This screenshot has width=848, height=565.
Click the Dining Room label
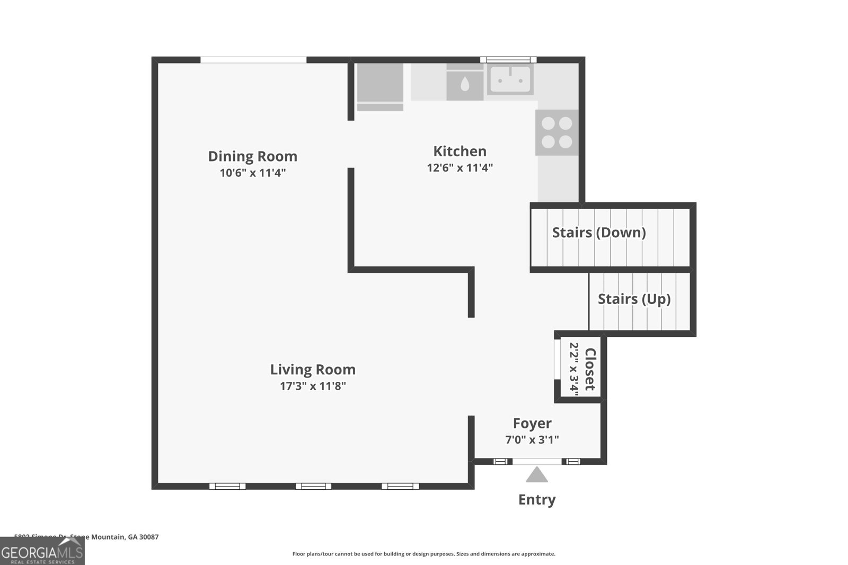point(252,156)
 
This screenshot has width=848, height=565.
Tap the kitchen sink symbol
point(510,80)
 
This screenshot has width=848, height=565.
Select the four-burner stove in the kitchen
point(556,132)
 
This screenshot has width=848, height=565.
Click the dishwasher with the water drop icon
point(465,83)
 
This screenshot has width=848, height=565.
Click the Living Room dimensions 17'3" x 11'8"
point(313,386)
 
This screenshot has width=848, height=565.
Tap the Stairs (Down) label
point(599,232)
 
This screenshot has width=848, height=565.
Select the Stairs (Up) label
point(634,299)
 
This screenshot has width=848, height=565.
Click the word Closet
point(590,369)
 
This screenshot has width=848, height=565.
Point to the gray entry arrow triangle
point(536,475)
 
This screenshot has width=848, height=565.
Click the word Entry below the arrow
point(536,500)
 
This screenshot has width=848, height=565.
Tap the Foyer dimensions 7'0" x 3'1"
point(532,440)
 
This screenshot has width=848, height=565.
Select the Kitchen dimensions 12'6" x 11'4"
point(460,168)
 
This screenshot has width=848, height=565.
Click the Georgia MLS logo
point(42,551)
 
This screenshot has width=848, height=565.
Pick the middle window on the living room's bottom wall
point(313,486)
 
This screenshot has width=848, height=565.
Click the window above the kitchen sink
point(508,60)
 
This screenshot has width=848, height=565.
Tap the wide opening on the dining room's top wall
point(253,60)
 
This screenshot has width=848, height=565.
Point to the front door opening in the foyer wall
point(536,462)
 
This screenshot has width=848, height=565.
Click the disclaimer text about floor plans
point(423,554)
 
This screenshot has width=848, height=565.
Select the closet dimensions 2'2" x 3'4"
point(574,366)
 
